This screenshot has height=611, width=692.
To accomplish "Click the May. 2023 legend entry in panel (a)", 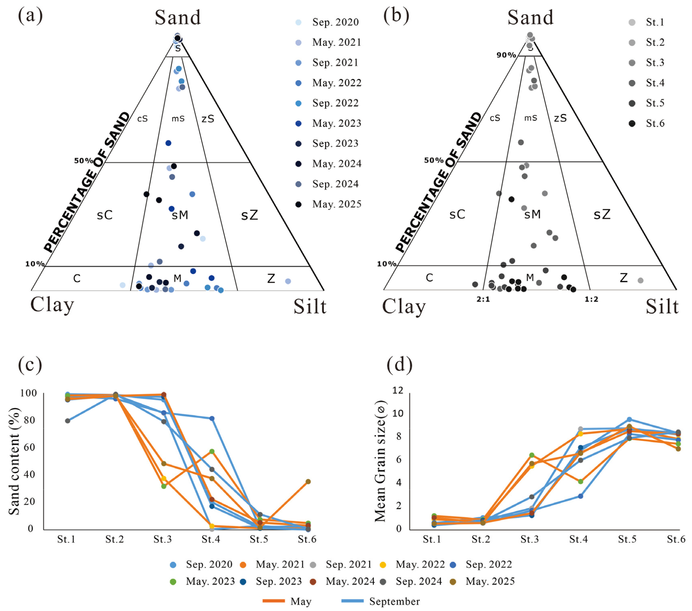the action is tap(329, 123).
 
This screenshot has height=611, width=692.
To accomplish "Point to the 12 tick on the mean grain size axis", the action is tap(398, 390).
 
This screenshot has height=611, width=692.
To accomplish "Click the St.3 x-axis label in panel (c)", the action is tap(163, 539).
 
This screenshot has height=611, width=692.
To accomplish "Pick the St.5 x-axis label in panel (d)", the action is tap(627, 539).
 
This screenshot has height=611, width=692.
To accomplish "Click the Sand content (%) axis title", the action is tap(14, 461).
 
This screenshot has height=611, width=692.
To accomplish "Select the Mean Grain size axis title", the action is tap(381, 461).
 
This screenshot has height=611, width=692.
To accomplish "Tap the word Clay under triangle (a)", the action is tap(52, 305).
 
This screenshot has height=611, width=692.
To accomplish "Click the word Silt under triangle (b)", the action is tap(662, 307).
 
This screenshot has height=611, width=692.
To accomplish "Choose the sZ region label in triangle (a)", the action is tap(250, 215).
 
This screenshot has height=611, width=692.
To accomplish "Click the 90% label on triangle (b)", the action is tap(506, 55).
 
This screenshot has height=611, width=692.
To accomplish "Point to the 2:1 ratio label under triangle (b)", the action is tap(483, 299).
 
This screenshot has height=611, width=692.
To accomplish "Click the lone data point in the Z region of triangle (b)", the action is tap(641, 280).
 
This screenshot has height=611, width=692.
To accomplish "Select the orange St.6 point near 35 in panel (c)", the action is tap(308, 482).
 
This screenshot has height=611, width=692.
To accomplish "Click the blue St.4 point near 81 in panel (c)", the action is tap(212, 418).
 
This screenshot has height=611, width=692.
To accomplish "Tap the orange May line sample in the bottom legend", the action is tap(274, 601).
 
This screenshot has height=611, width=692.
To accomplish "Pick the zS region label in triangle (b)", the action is tap(560, 118).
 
